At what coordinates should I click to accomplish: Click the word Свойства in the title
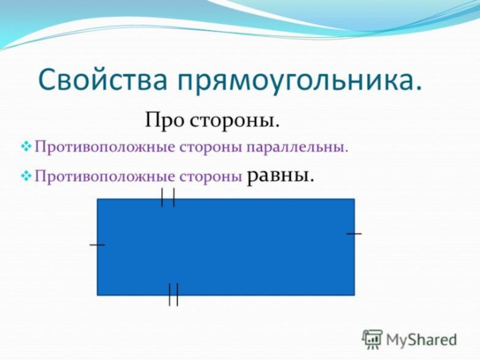[x=103, y=79]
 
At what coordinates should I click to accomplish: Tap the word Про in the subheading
[x=164, y=121]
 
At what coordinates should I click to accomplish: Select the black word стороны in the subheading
[x=234, y=122]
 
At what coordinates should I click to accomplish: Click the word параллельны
[x=297, y=148]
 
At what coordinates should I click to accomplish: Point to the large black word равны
[x=280, y=175]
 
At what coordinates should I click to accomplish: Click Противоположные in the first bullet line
[x=104, y=147]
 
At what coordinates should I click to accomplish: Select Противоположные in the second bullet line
[x=104, y=176]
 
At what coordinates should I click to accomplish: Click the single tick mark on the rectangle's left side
[x=97, y=245]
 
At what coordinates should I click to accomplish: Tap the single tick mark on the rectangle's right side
[x=354, y=233]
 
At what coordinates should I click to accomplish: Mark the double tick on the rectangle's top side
[x=168, y=197]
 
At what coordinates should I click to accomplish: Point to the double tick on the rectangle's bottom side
[x=173, y=295]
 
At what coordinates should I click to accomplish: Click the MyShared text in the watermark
[x=422, y=340]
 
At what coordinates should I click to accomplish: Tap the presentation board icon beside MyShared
[x=372, y=339]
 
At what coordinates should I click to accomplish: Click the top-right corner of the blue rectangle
[x=355, y=199]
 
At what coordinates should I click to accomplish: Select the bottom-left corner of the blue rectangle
[x=97, y=295]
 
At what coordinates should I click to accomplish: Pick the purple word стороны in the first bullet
[x=211, y=148]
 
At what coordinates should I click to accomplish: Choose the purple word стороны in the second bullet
[x=211, y=177]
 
